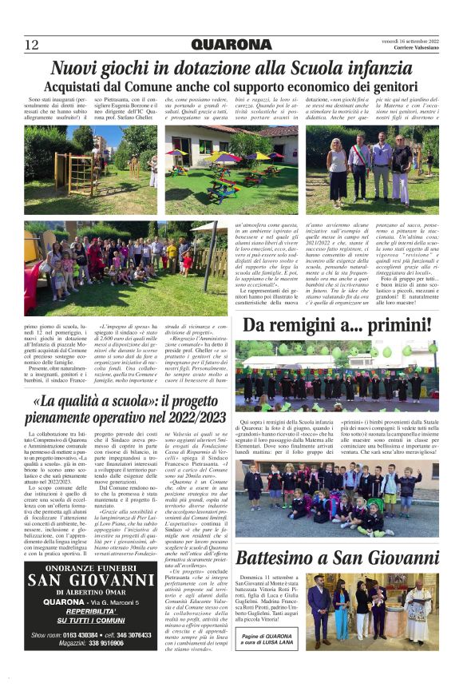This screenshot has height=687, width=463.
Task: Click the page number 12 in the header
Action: pyautogui.click(x=32, y=44)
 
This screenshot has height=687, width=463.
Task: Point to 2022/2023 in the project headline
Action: pyautogui.click(x=190, y=417)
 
